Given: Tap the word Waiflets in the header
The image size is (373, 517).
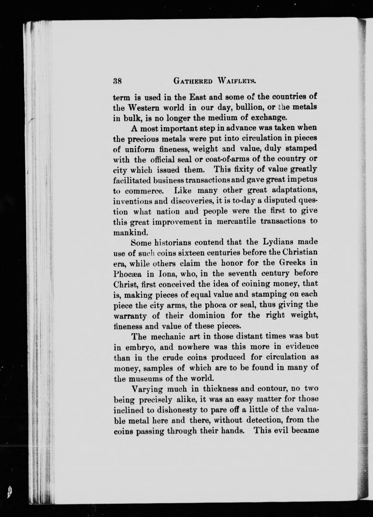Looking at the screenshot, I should (236, 81).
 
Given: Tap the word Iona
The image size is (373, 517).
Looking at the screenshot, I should (159, 274).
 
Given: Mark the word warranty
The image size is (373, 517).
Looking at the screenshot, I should (130, 316).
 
